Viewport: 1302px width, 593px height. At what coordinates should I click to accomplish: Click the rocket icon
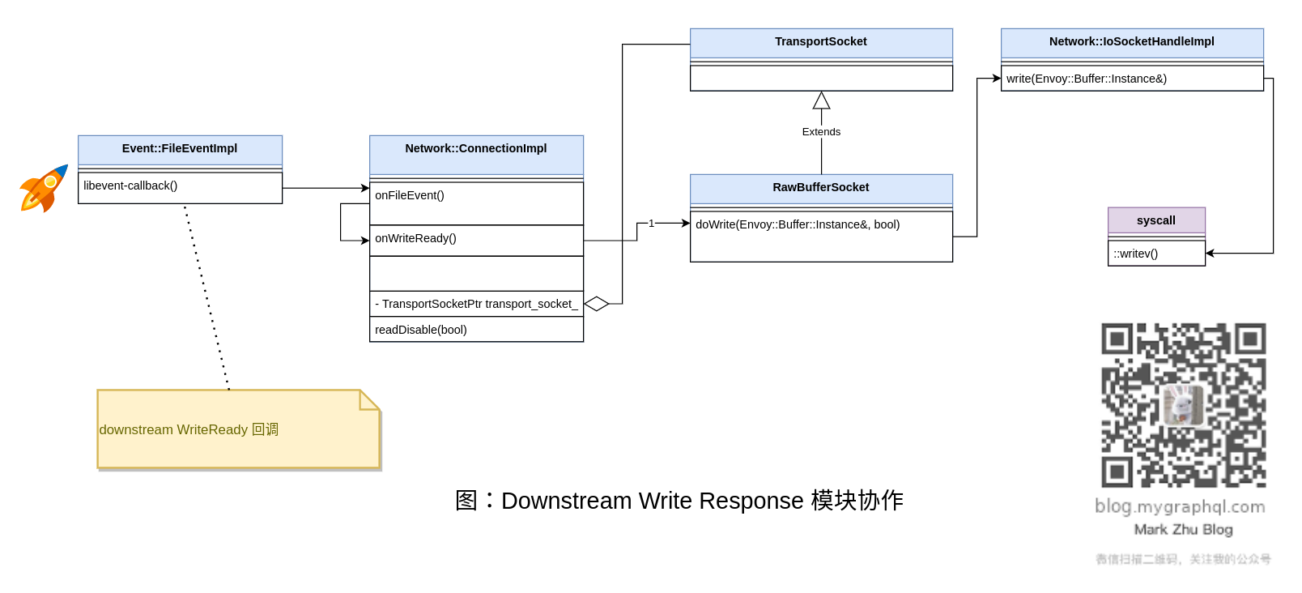[44, 189]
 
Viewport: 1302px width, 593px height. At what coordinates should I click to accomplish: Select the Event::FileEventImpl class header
[180, 149]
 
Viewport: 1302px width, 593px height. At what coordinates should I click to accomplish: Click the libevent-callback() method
[130, 186]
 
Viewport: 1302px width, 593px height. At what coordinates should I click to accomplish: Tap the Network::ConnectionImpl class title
[476, 149]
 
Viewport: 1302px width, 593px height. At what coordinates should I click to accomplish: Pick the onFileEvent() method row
[410, 196]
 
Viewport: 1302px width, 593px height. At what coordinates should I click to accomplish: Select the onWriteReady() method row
[415, 239]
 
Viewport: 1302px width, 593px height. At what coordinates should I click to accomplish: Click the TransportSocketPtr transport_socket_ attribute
[476, 304]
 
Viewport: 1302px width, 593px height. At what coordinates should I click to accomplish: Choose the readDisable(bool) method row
[421, 330]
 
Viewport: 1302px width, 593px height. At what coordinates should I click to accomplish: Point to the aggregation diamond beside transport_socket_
[597, 304]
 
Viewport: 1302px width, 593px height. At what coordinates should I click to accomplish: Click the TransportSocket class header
[821, 42]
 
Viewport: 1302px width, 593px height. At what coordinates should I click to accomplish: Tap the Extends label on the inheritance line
[821, 132]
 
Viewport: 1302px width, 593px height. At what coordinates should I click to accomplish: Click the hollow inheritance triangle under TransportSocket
[821, 101]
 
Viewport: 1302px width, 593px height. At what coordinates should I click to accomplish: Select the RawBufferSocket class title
[821, 188]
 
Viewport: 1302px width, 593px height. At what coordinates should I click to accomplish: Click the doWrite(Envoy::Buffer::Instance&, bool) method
[798, 225]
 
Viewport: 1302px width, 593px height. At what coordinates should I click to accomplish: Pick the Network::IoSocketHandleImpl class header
[1132, 42]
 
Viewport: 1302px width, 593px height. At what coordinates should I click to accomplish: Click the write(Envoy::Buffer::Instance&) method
[1087, 79]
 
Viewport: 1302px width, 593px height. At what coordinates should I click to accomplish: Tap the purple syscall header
[1156, 220]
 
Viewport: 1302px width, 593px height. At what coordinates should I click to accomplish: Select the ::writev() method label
[1136, 254]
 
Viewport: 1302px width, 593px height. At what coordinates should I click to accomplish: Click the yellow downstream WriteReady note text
[189, 430]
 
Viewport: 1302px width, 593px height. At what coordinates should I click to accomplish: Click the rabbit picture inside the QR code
[1183, 404]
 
